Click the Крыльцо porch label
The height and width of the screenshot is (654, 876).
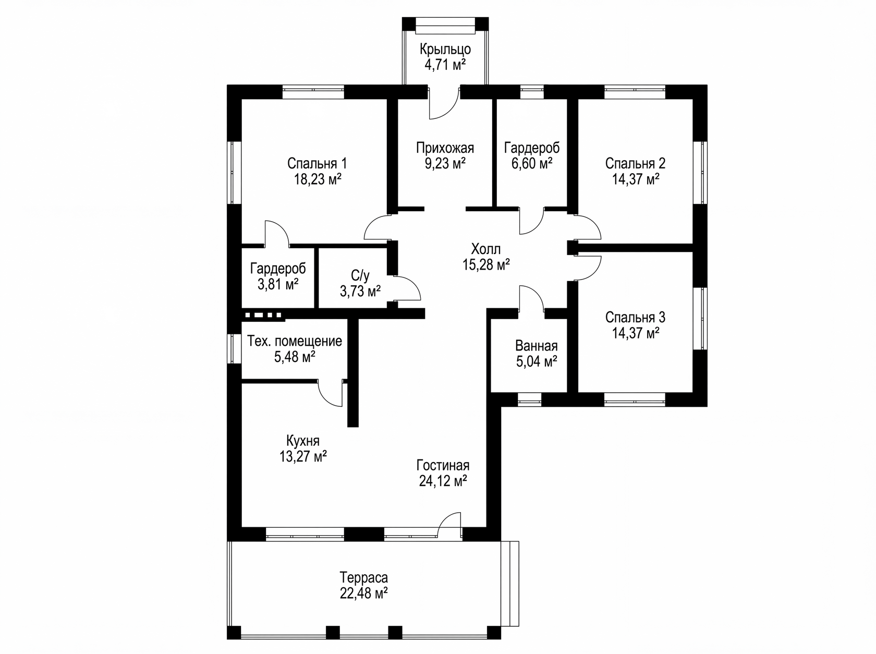(x=445, y=49)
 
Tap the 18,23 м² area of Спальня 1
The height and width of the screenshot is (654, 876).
(x=318, y=179)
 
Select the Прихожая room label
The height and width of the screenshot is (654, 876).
(x=445, y=148)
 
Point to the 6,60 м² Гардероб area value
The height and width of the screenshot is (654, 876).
(x=532, y=163)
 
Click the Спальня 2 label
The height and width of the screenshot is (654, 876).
(x=635, y=163)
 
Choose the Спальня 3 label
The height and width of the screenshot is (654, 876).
(x=635, y=317)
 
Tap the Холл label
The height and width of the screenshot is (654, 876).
(x=485, y=249)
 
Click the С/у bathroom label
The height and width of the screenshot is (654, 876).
(x=360, y=275)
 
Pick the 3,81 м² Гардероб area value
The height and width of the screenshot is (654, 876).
(x=278, y=285)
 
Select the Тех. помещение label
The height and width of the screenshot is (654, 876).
(x=295, y=341)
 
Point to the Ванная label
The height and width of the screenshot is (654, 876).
(x=537, y=346)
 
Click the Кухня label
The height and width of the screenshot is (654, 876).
(x=303, y=441)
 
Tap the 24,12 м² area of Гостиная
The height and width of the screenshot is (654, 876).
(x=443, y=481)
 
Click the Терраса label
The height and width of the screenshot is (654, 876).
(x=363, y=577)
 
